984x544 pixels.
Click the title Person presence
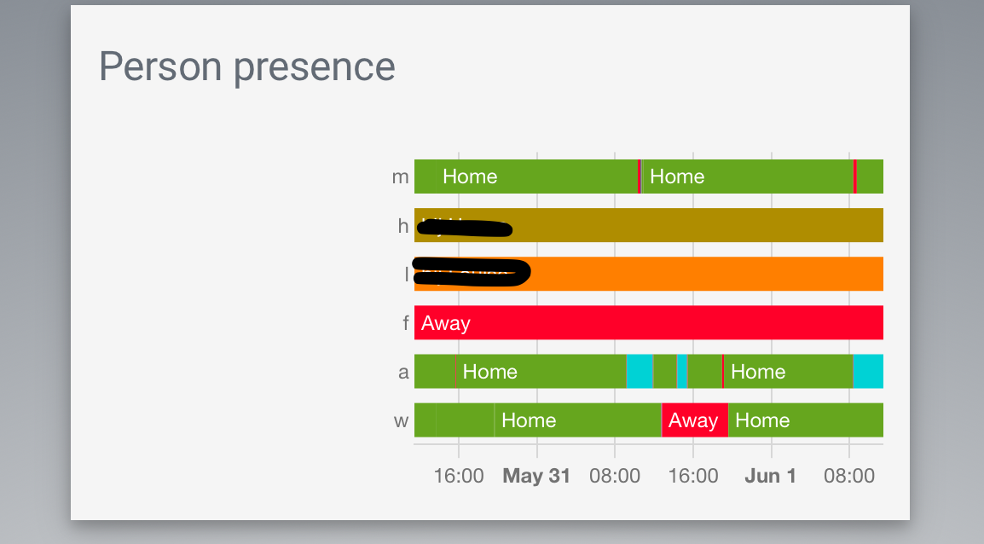coord(247,67)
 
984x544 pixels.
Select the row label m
coord(400,177)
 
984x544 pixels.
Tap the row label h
coord(402,225)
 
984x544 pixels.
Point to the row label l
coord(406,274)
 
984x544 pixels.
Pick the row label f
coord(406,323)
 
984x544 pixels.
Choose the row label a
coord(403,372)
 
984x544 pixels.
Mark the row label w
coord(401,420)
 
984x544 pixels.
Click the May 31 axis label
coord(536,476)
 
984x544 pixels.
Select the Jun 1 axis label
coord(771,476)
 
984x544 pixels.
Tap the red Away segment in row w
coord(694,420)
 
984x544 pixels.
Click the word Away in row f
coord(446,323)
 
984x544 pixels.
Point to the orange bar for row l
coord(699,274)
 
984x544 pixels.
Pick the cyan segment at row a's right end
coord(868,372)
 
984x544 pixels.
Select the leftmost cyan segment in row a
coord(640,372)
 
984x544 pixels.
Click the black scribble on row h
coord(465,228)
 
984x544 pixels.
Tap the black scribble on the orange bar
coord(471,271)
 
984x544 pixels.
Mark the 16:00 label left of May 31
coord(459,476)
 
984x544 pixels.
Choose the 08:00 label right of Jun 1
coord(849,476)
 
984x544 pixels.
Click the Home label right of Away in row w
coord(762,420)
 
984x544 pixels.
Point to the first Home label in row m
coord(470,177)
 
